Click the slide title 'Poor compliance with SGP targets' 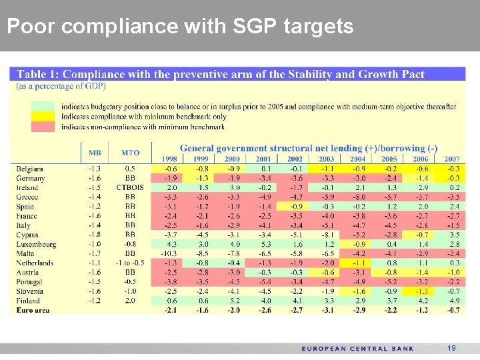tap(179, 27)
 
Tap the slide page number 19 tap(451, 349)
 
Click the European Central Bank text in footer tap(357, 349)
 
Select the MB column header tap(95, 153)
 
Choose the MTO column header tap(130, 153)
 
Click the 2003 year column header tap(326, 159)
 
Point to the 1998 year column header tap(170, 159)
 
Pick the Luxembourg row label tap(36, 245)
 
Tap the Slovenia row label tap(31, 291)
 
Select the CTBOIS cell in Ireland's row tap(130, 188)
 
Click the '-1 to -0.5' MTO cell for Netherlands tap(130, 263)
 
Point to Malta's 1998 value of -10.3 tap(169, 254)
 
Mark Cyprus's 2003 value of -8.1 tap(326, 235)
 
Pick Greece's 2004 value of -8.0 tap(357, 197)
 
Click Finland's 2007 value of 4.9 tap(453, 301)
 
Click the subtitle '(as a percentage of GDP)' tap(61, 86)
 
